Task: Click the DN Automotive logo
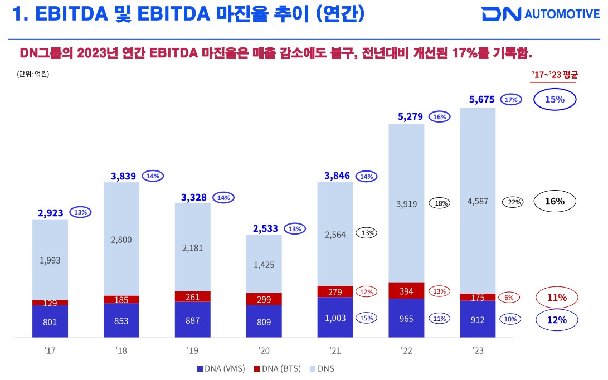[540, 14]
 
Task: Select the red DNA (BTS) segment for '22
[406, 290]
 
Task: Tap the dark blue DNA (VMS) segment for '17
[50, 321]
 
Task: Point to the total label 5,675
[481, 100]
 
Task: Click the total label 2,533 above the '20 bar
[264, 229]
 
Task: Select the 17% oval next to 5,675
[512, 100]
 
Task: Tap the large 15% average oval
[555, 100]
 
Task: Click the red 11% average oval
[556, 298]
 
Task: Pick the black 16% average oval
[556, 202]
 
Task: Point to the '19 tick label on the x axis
[193, 351]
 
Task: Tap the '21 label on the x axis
[335, 351]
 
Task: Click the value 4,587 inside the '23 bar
[478, 201]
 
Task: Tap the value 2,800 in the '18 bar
[121, 240]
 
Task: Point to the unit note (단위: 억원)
[33, 73]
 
